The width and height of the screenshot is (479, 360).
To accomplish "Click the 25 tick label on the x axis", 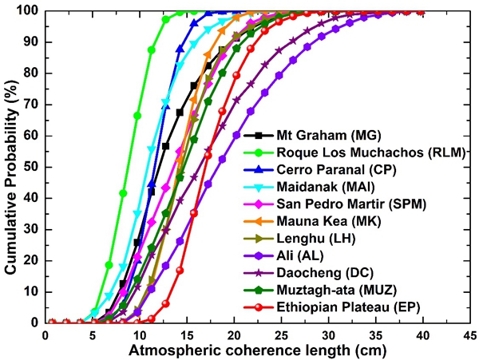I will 281,334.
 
